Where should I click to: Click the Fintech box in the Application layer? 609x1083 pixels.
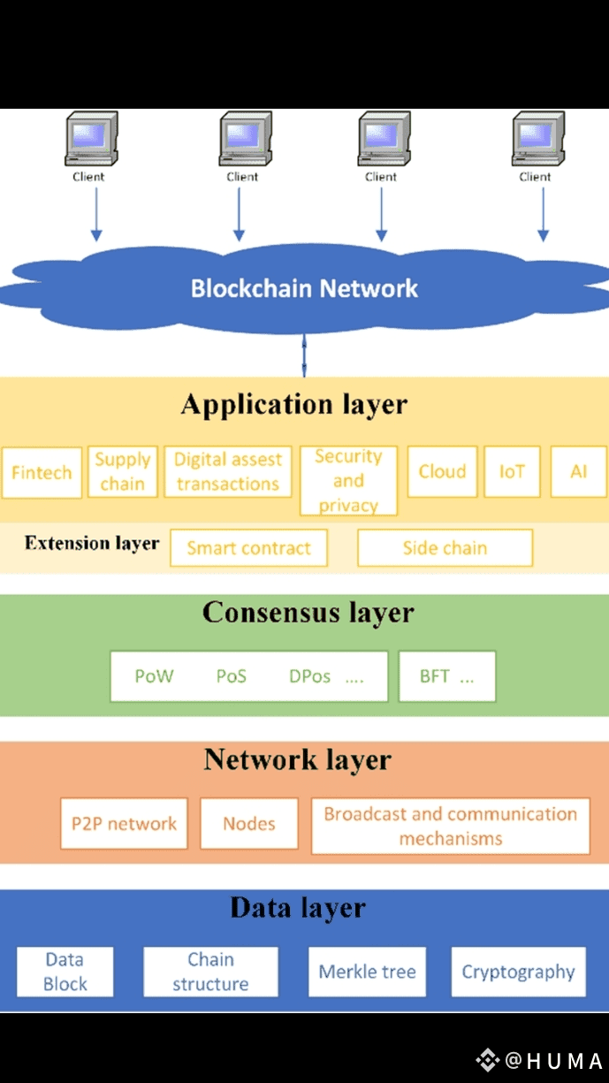pos(42,473)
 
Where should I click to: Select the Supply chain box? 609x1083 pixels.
pos(123,472)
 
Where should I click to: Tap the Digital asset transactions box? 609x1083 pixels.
pos(228,472)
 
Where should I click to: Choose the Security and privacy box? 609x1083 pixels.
pos(348,481)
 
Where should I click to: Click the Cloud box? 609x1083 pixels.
pos(442,472)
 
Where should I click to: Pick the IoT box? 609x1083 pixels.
pos(512,472)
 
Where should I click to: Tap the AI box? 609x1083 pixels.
pos(579,472)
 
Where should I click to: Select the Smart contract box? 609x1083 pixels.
pos(248,548)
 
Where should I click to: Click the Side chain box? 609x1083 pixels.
pos(445,548)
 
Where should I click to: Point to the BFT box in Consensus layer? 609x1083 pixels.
pos(446,677)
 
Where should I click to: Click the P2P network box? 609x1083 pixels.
pos(124,824)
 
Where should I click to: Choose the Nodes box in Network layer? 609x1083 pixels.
pos(249,824)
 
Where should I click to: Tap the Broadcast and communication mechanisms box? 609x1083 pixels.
pos(450,827)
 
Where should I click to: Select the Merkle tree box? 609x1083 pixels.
pos(367,972)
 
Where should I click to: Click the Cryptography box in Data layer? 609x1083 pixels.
pos(518,972)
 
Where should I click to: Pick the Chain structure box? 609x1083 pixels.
pos(210,972)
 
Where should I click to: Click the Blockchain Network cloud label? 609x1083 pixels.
pos(304,288)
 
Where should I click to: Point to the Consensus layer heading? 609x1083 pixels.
pos(308,613)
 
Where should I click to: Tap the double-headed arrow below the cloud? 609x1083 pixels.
pos(304,355)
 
